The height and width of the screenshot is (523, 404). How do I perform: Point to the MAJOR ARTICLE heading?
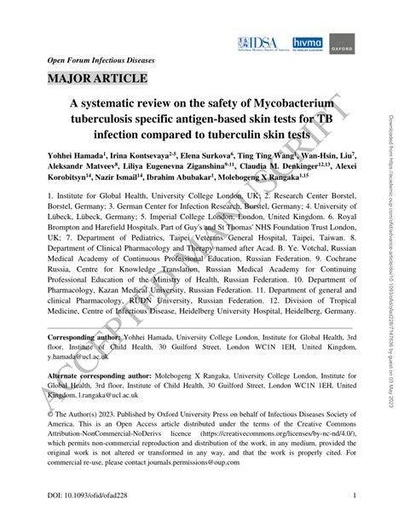[90, 81]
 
